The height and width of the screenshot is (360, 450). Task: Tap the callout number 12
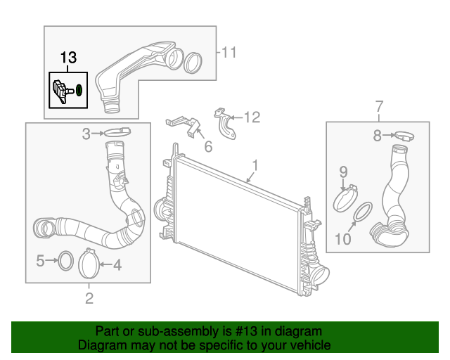coord(252,117)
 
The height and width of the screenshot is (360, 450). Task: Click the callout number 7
coord(380,106)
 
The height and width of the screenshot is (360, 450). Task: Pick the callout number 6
coord(208,146)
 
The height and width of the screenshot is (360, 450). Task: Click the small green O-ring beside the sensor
coord(79,90)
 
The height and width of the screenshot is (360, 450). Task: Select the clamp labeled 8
coord(403,135)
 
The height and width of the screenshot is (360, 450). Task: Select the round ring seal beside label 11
coord(193,61)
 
